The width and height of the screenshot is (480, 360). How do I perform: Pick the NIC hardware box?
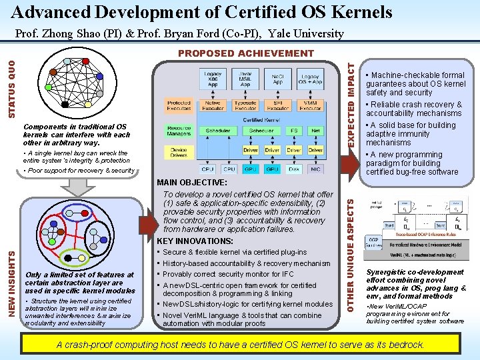(x=316, y=169)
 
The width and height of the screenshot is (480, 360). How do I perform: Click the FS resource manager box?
(x=294, y=131)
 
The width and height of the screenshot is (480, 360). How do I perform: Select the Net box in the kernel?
(x=316, y=131)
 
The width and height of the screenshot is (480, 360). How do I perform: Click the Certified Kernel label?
(x=261, y=119)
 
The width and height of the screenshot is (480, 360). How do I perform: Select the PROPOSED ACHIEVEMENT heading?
(x=246, y=53)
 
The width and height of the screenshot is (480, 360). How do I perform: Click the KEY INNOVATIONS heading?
(x=195, y=241)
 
